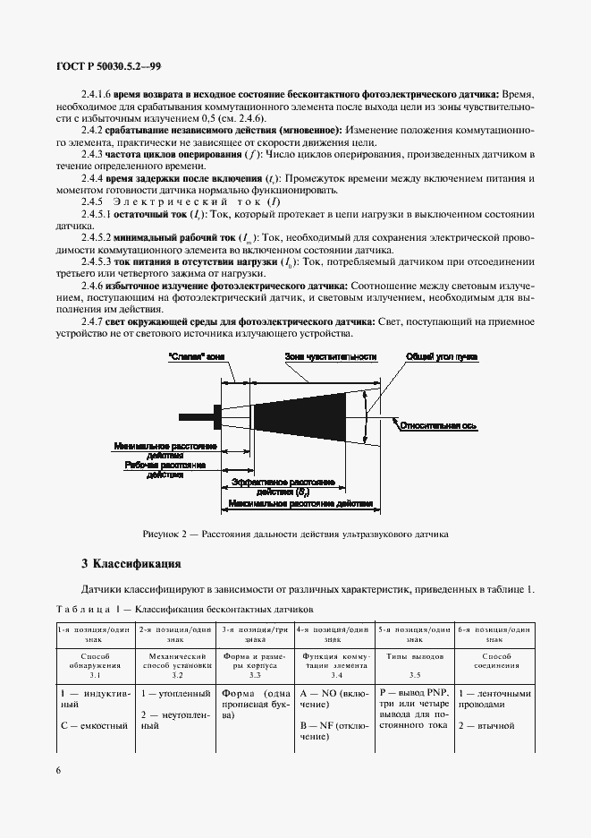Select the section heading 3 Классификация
[x=131, y=564]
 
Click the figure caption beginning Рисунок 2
[x=295, y=534]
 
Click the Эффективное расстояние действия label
[x=283, y=486]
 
